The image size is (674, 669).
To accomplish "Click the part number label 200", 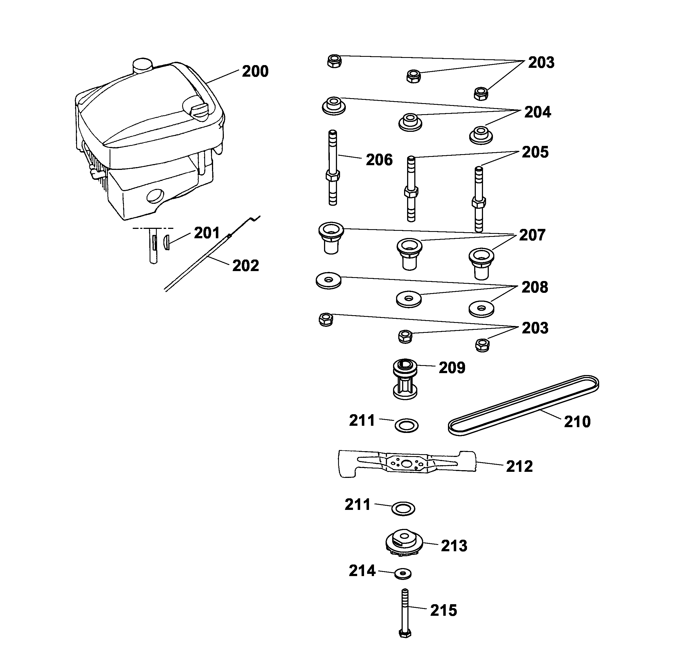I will pos(255,71).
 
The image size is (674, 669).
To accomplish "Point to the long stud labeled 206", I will pos(333,167).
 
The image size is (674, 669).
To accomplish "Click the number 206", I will pos(379,160).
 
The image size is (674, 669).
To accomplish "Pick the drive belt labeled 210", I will pos(523,405).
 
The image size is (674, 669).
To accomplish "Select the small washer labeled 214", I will pos(403,574).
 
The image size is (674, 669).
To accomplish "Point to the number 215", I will pos(444,611).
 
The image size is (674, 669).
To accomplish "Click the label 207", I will pos(532,235).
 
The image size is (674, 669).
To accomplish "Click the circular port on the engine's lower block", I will pos(155,196).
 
